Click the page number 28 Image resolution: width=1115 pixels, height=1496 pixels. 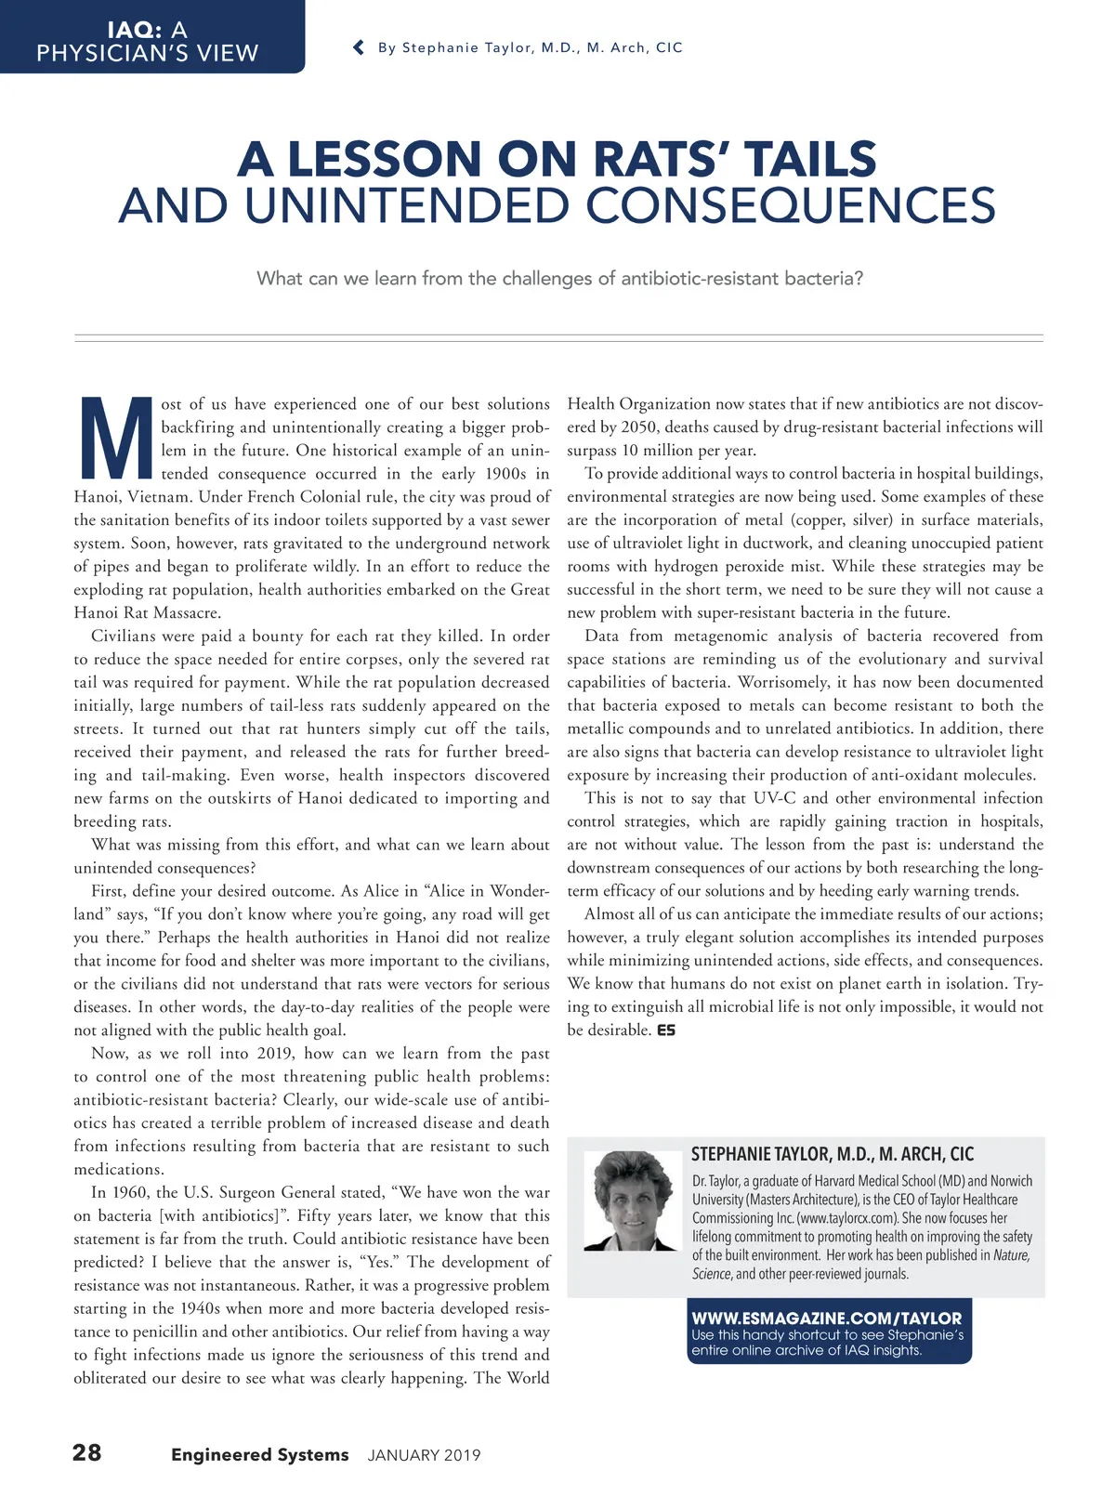pyautogui.click(x=87, y=1452)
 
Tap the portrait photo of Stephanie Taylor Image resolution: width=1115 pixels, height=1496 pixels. pyautogui.click(x=631, y=1201)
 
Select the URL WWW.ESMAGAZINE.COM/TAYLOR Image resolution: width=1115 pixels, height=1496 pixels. pyautogui.click(x=827, y=1318)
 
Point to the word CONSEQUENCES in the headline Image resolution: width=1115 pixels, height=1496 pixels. pyautogui.click(x=791, y=206)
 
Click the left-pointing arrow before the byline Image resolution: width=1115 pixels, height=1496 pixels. pyautogui.click(x=359, y=47)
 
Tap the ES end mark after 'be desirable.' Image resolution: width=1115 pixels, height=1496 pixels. pyautogui.click(x=666, y=1030)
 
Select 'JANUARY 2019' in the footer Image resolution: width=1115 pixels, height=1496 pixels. pyautogui.click(x=424, y=1455)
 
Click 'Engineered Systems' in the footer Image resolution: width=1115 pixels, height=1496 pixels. pyautogui.click(x=259, y=1454)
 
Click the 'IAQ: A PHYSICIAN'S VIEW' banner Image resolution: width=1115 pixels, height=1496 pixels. pyautogui.click(x=148, y=42)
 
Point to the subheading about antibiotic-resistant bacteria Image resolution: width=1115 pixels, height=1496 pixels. pyautogui.click(x=559, y=279)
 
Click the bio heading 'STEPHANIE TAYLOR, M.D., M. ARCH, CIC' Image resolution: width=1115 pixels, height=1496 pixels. pyautogui.click(x=833, y=1154)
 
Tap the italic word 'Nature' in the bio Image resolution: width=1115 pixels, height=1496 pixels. pyautogui.click(x=1011, y=1255)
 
